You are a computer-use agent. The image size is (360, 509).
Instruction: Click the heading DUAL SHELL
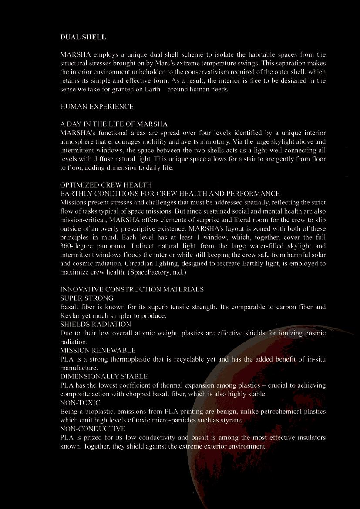pos(83,37)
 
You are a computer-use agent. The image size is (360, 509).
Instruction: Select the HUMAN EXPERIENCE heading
pos(97,107)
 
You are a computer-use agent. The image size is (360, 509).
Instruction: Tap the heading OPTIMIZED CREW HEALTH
pos(106,185)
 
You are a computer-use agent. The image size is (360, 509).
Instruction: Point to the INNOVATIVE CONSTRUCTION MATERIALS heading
pos(131,289)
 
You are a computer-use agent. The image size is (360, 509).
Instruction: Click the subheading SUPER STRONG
pos(87,298)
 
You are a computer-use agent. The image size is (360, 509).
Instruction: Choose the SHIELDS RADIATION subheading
pos(95,324)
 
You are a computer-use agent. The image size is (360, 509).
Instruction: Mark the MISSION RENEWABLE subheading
pos(98,350)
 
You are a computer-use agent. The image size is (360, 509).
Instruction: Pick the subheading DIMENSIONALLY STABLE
pos(104,376)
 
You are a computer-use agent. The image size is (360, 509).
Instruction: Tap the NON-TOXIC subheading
pos(80,402)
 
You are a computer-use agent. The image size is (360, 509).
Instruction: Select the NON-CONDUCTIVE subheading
pos(92,429)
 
